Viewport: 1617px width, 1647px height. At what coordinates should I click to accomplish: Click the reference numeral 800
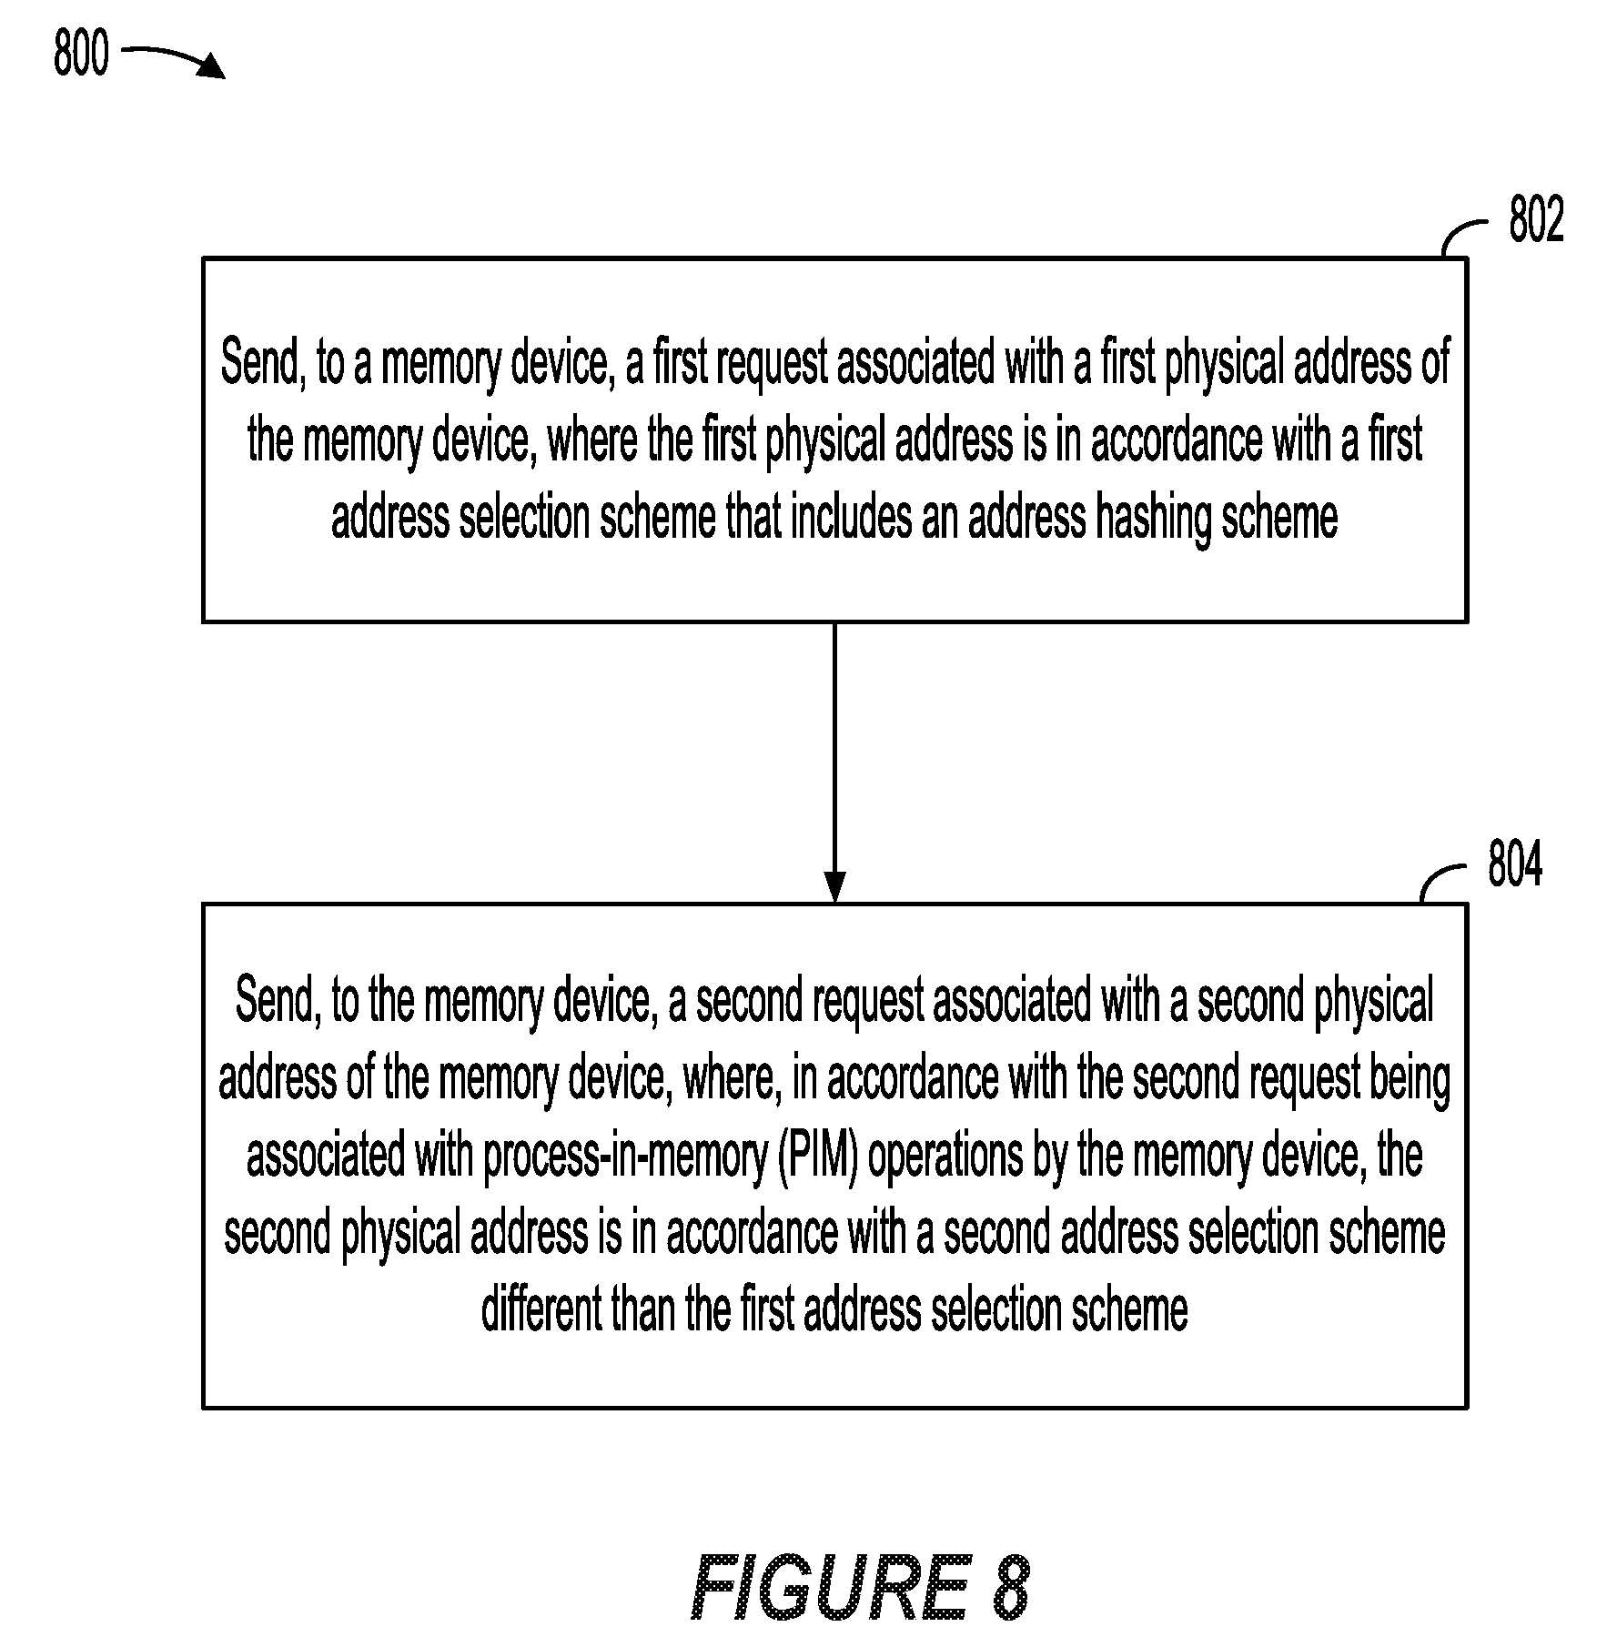click(80, 53)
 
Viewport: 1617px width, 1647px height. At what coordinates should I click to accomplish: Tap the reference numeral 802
click(1536, 220)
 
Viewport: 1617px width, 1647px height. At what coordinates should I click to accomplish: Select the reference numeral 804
click(1515, 864)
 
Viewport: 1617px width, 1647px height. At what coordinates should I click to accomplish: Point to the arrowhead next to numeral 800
click(214, 66)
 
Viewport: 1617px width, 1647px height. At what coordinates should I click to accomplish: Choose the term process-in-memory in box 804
click(626, 1157)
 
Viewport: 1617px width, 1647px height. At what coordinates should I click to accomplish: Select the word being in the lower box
click(1410, 1080)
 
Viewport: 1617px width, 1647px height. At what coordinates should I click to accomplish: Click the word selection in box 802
click(525, 518)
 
